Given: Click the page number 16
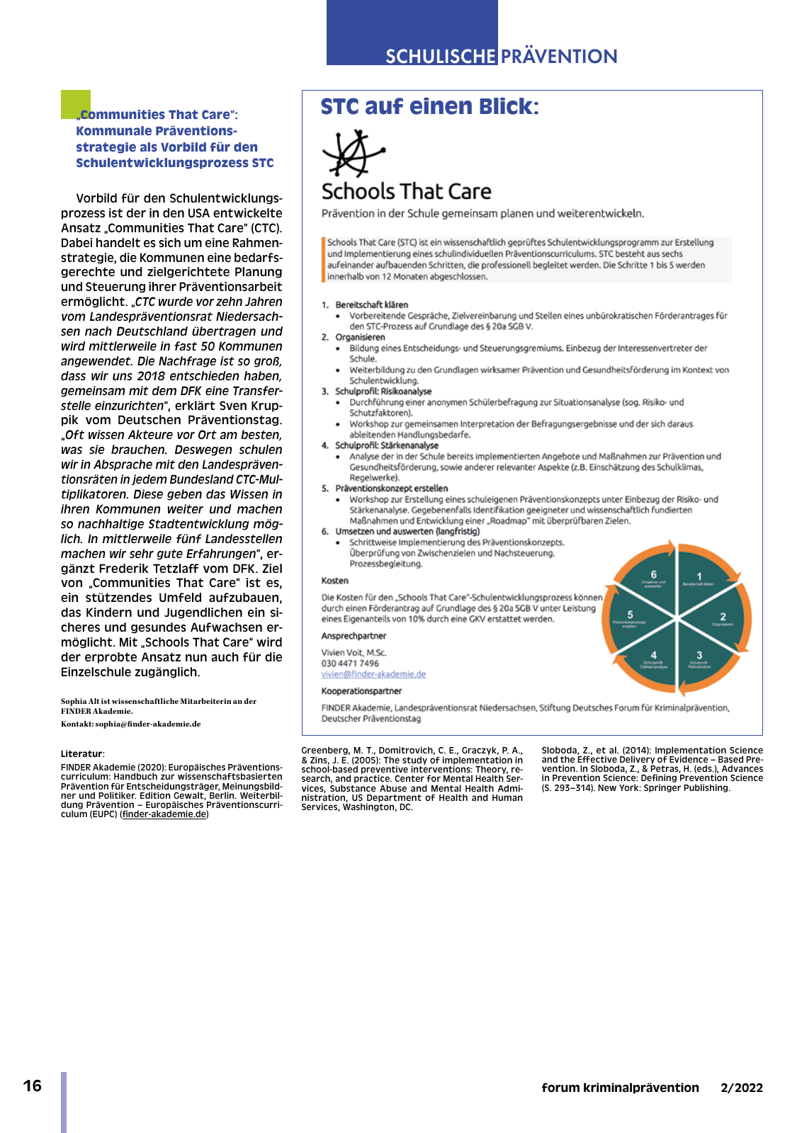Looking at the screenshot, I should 33,1086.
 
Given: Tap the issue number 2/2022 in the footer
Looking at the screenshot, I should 741,1088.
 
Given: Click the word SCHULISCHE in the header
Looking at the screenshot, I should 441,57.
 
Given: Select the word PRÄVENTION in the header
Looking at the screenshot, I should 560,57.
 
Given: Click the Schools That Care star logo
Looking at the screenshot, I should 352,152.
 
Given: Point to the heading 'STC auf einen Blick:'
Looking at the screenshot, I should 429,107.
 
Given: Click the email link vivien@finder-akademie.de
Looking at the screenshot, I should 373,674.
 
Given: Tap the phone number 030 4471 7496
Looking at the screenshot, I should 350,664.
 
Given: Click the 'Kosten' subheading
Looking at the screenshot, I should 334,581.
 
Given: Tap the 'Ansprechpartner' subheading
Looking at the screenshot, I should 354,636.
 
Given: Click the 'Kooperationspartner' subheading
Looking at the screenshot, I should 361,691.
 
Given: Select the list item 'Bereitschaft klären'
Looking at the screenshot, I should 371,305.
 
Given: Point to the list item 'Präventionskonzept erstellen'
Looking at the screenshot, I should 391,489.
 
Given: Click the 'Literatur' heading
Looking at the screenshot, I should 82,754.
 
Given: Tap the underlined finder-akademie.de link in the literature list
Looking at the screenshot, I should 164,814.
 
